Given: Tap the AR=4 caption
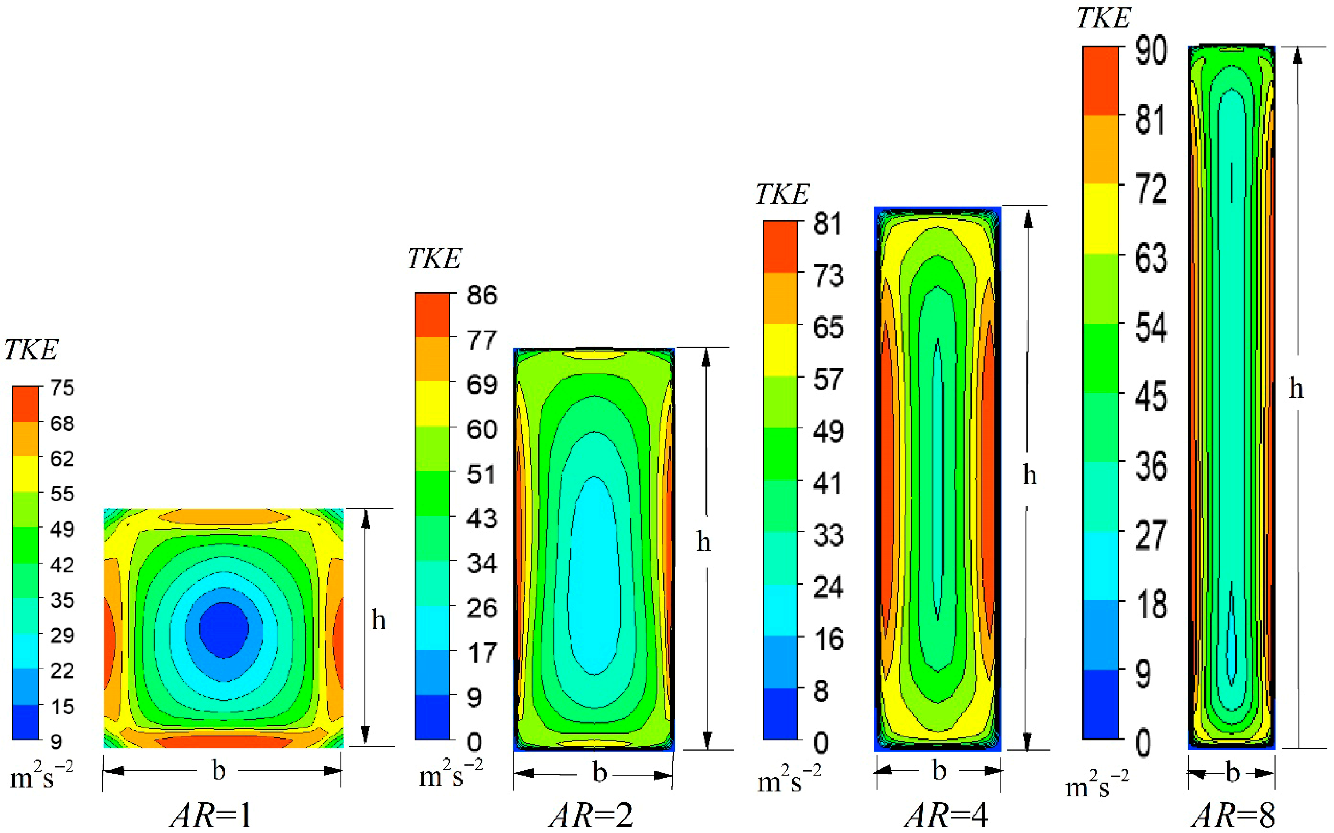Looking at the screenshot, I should click(946, 814).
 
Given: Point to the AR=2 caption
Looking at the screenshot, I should click(591, 814).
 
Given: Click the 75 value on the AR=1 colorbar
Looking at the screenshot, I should click(62, 388).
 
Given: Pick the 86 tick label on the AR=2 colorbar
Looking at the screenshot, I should click(482, 296).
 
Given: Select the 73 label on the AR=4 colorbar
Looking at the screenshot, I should click(828, 276).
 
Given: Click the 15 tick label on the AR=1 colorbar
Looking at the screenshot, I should click(62, 706).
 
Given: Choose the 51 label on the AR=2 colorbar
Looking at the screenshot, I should click(482, 474).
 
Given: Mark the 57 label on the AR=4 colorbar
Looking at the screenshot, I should click(828, 380).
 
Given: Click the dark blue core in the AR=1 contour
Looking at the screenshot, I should click(223, 629).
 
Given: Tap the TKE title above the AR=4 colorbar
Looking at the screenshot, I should click(782, 194).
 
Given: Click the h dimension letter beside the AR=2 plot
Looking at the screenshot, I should click(703, 542).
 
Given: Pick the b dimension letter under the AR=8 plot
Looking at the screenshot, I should click(1233, 773).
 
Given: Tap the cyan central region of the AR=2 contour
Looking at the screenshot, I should click(594, 573).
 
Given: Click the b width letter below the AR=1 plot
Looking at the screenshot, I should click(219, 770).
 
